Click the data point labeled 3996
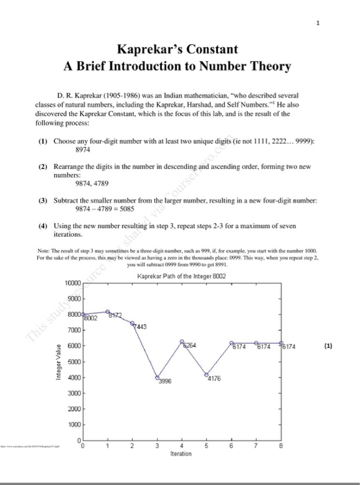pyautogui.click(x=157, y=377)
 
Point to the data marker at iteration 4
pyautogui.click(x=182, y=342)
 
